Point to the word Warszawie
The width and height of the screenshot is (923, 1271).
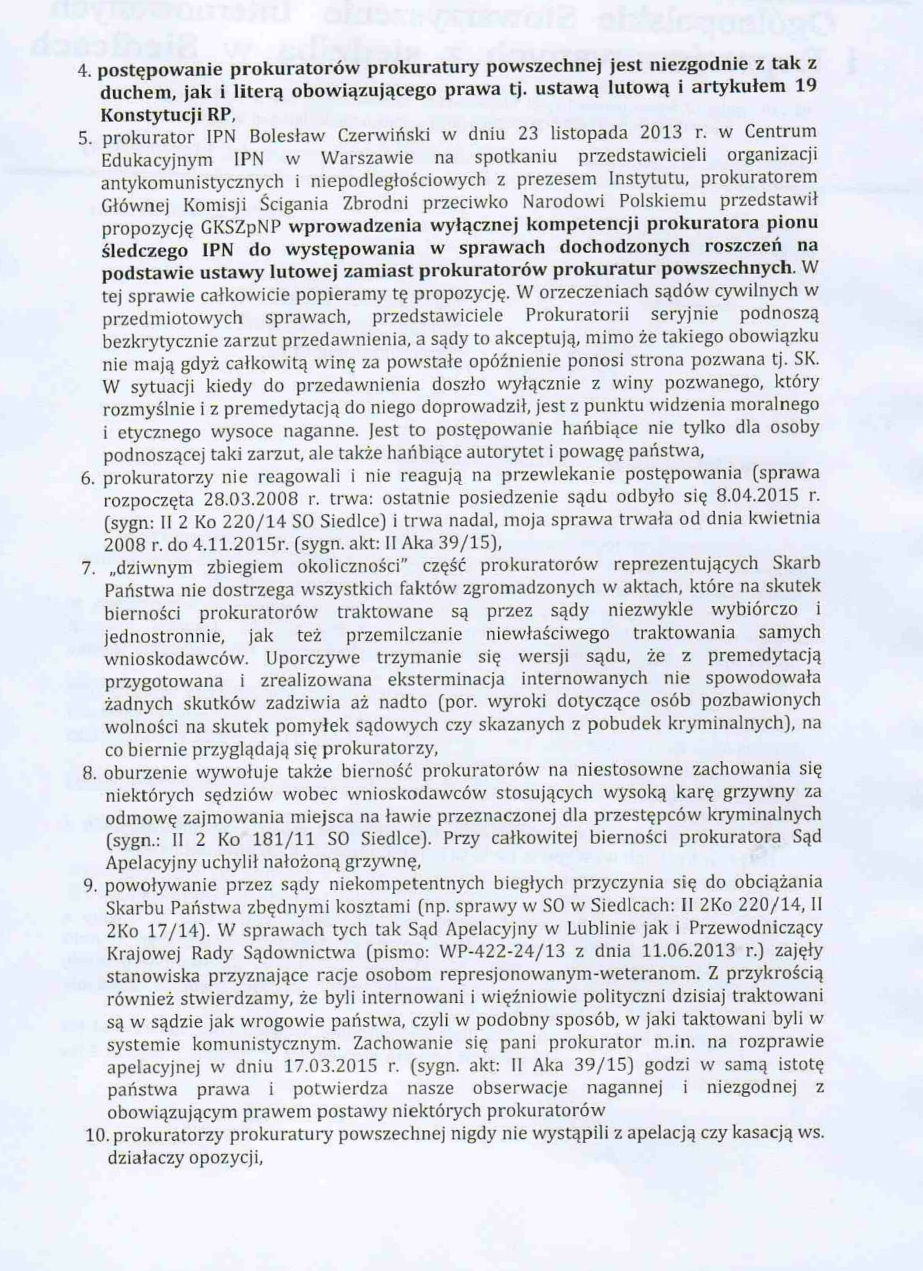(367, 158)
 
